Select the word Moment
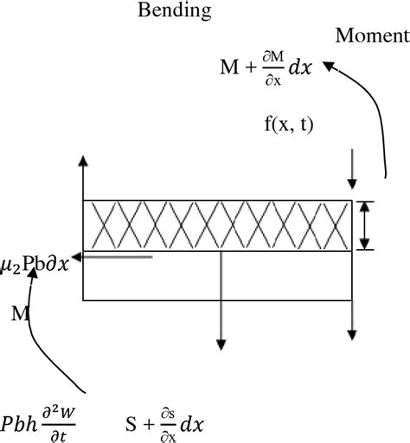[371, 36]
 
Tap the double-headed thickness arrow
[366, 226]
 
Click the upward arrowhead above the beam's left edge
[83, 161]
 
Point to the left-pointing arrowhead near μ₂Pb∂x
[77, 257]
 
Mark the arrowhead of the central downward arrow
[221, 341]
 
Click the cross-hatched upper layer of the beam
[216, 226]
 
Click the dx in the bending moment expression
[300, 67]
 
